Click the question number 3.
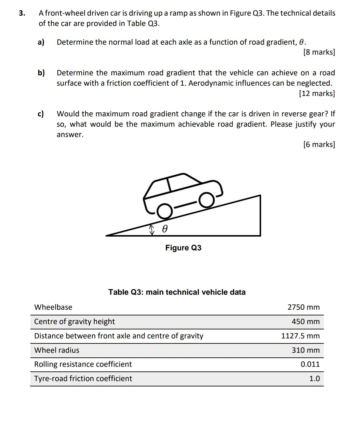click(22, 13)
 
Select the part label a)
click(41, 42)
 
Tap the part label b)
click(41, 73)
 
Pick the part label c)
click(41, 114)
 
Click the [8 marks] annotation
click(319, 52)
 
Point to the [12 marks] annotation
click(317, 93)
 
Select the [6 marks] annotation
click(319, 144)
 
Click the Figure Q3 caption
click(183, 248)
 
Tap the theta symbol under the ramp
click(164, 229)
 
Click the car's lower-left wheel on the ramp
click(164, 211)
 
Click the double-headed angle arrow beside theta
click(152, 229)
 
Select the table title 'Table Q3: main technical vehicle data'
click(177, 292)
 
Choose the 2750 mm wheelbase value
click(303, 307)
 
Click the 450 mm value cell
click(305, 322)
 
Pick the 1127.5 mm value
click(300, 336)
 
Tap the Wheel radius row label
click(57, 350)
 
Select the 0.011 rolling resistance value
click(310, 364)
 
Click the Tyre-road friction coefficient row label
click(83, 379)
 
